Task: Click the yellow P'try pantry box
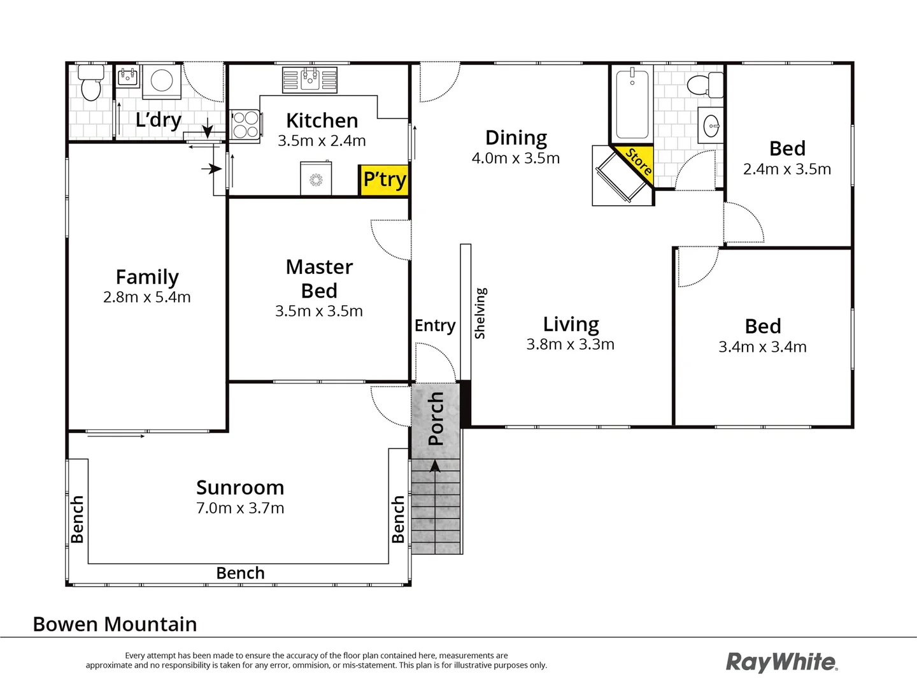tap(384, 180)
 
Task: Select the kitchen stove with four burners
tap(245, 125)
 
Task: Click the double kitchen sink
tap(310, 80)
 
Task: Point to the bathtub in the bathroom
tap(632, 104)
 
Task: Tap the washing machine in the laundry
tap(161, 81)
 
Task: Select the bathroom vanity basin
tap(711, 126)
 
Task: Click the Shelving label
tap(480, 313)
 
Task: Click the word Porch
tap(436, 419)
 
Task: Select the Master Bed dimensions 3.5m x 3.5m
tap(319, 311)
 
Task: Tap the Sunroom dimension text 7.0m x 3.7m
tap(240, 508)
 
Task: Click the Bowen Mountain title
tap(115, 624)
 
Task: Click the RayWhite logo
tap(781, 662)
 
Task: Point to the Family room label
tap(147, 277)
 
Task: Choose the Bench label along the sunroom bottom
tap(240, 573)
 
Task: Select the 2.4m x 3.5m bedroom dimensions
tap(787, 169)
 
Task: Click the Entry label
tap(435, 326)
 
